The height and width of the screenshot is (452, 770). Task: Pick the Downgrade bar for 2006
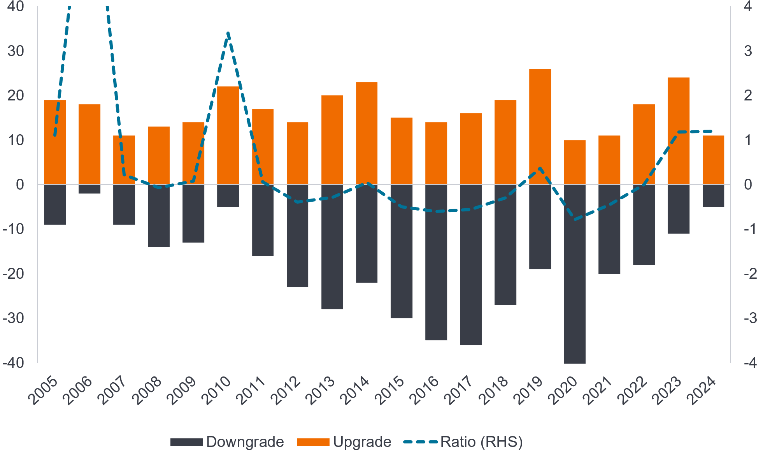(x=89, y=189)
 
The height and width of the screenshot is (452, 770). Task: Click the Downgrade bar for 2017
(x=470, y=265)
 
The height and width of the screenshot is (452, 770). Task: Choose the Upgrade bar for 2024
(x=713, y=160)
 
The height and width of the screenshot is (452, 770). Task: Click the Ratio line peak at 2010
(x=228, y=33)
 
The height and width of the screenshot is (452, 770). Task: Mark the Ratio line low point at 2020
(x=575, y=220)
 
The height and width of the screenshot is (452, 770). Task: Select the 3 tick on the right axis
(x=748, y=51)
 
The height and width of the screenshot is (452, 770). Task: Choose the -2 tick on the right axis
(x=750, y=274)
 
